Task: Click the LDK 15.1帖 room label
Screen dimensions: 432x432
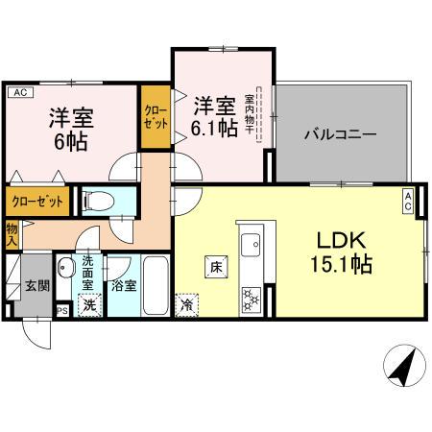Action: point(338,249)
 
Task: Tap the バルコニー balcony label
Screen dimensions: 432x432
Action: point(340,134)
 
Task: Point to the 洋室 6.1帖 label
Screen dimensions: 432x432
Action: point(214,115)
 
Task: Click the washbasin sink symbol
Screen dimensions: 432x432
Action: point(66,268)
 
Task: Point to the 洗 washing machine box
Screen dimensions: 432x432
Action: point(89,306)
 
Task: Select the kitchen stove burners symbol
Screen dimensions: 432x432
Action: point(251,299)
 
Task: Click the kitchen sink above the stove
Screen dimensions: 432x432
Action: point(252,241)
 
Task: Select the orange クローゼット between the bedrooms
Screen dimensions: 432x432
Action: point(156,117)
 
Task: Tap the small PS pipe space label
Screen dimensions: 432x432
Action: point(62,309)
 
